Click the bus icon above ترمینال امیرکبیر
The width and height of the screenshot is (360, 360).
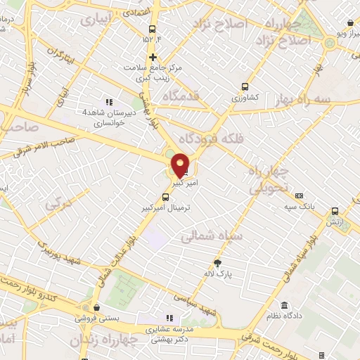tap(165, 198)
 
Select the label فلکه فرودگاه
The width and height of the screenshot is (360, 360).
tap(211, 136)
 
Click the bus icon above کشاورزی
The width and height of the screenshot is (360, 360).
tap(244, 86)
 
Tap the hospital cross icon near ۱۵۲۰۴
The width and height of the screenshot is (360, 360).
tap(152, 56)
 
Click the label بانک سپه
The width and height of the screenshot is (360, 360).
tap(299, 206)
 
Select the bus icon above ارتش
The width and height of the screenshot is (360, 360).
tap(335, 211)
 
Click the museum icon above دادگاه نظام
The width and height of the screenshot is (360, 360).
tap(284, 305)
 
